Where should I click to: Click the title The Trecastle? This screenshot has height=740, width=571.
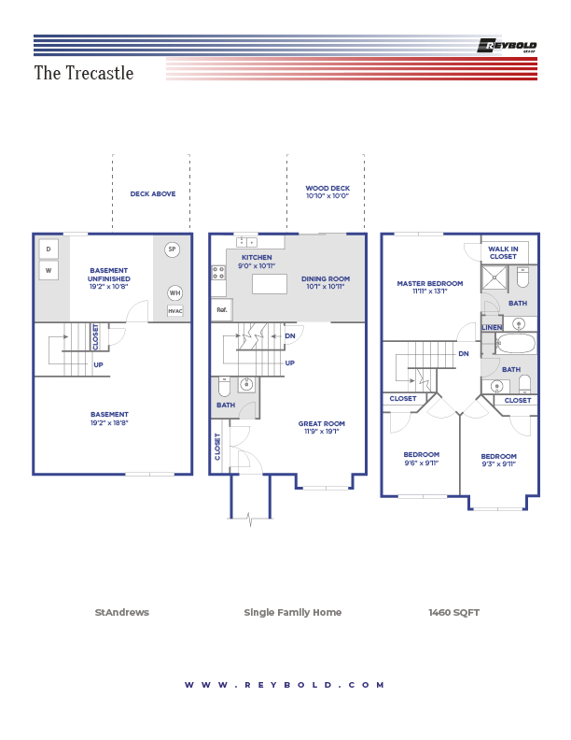coord(84,73)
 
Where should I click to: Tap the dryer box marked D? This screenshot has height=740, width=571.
coord(49,249)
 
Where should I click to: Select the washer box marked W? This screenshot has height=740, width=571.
coord(49,271)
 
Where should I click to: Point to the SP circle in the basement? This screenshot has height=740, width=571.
coord(172,249)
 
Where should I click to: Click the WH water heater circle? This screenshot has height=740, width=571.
coord(175,292)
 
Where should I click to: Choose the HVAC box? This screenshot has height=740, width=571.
coord(175,310)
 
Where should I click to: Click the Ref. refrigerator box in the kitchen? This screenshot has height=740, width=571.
coord(222,309)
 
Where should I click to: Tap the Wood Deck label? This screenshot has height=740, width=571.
coord(327,192)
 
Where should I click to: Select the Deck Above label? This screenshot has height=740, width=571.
coord(153,194)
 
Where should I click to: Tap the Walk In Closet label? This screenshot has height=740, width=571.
coord(503,252)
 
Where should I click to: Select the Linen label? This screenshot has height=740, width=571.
coord(492,328)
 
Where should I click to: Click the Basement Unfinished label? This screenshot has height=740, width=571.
coord(109,278)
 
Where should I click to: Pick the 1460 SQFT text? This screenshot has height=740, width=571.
coord(453,613)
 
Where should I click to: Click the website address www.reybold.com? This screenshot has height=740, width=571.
coord(285,685)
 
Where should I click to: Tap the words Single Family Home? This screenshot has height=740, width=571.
coord(292,613)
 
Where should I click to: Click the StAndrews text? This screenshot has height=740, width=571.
coord(121,613)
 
